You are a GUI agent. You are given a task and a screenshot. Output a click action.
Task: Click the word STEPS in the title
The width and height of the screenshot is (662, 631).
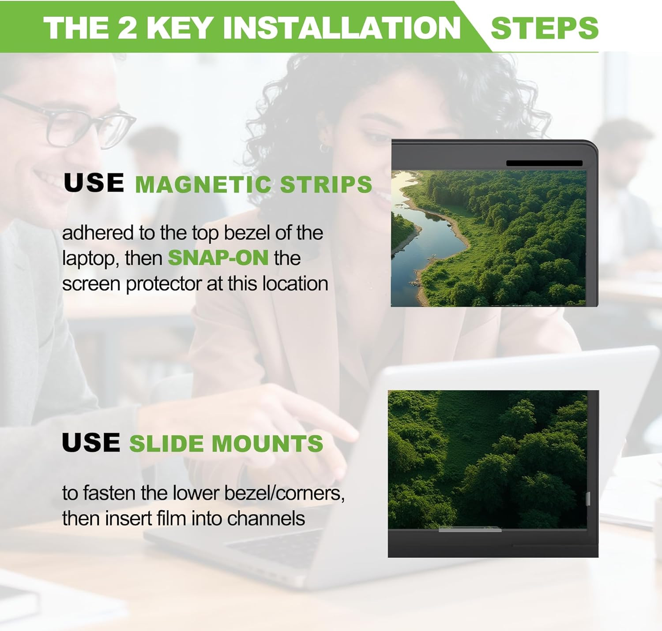[545, 28]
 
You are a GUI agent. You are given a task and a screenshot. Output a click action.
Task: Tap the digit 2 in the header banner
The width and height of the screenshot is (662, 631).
[127, 28]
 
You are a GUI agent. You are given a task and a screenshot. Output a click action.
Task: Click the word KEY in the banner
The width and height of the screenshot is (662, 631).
[179, 28]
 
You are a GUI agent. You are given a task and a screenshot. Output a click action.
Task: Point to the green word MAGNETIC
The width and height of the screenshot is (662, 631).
[203, 184]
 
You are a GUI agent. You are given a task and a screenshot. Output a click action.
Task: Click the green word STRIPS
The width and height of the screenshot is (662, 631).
[326, 184]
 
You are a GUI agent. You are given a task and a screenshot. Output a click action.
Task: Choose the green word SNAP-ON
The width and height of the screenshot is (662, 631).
[218, 258]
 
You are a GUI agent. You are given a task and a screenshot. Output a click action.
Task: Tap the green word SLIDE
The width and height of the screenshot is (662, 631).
[166, 443]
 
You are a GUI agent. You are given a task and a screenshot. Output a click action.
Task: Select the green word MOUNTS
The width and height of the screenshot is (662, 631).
[267, 443]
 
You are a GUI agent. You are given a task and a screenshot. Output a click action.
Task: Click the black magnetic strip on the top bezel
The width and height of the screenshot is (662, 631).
[544, 163]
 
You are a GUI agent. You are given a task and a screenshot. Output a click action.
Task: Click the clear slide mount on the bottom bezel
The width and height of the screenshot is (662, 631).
[470, 530]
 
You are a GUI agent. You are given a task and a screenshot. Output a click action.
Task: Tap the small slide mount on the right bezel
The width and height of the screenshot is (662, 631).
[588, 499]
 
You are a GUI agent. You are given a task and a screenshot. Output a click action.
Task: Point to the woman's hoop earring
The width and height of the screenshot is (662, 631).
[324, 148]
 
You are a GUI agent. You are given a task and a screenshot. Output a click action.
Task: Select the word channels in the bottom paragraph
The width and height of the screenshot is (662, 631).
[266, 518]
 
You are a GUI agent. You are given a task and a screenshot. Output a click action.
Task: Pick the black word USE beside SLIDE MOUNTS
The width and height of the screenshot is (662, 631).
[91, 442]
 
